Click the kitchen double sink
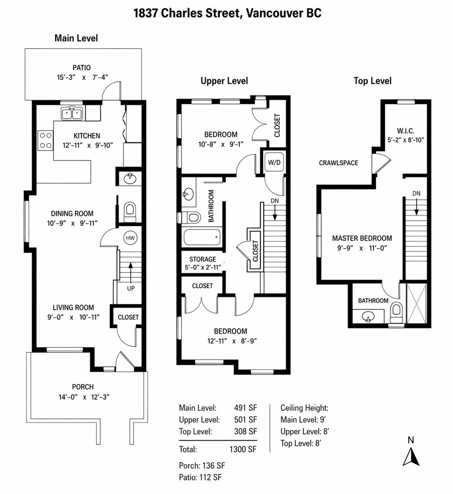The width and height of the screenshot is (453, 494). pos(72,113)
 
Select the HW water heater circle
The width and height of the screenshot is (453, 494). pos(130,238)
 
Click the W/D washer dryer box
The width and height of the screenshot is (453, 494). pos(274,163)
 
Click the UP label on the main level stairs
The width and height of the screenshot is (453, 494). pos(131,288)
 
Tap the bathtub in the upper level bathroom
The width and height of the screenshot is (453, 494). pos(202,237)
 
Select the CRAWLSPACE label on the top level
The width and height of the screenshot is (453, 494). pos(338,163)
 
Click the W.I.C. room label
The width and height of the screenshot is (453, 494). pos(406,131)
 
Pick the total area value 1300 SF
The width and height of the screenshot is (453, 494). pos(243,449)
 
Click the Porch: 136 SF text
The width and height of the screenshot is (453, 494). pos(202,466)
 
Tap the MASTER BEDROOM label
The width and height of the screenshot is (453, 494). pos(362,238)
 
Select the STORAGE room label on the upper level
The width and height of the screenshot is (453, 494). pos(202,259)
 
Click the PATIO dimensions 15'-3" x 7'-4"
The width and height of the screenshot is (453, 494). pos(83,77)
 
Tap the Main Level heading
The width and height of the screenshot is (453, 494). pos(76,38)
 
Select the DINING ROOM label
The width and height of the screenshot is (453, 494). pos(72,214)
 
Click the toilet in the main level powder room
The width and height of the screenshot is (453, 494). pos(130,211)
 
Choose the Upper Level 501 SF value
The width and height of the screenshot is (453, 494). pos(245,420)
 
